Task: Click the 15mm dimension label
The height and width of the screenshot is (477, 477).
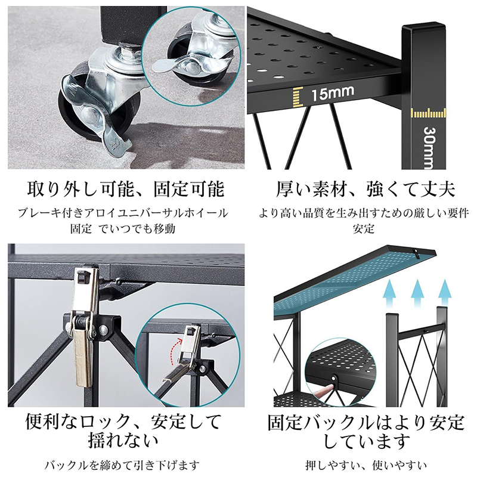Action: click(333, 93)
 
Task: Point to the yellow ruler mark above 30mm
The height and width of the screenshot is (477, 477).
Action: click(428, 113)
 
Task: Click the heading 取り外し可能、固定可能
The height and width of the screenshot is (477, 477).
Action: click(126, 189)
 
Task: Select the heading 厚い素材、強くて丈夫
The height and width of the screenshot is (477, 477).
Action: click(365, 189)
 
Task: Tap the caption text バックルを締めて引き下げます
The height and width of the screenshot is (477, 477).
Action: click(122, 465)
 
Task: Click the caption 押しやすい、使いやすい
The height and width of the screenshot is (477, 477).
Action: click(366, 465)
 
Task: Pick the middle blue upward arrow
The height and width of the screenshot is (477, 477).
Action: click(417, 293)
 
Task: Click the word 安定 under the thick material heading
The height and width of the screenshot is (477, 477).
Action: click(364, 228)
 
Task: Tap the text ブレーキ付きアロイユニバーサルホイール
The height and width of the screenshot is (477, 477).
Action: click(123, 213)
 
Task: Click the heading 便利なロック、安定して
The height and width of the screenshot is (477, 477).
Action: click(123, 422)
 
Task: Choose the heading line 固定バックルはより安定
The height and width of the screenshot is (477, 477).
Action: click(366, 422)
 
